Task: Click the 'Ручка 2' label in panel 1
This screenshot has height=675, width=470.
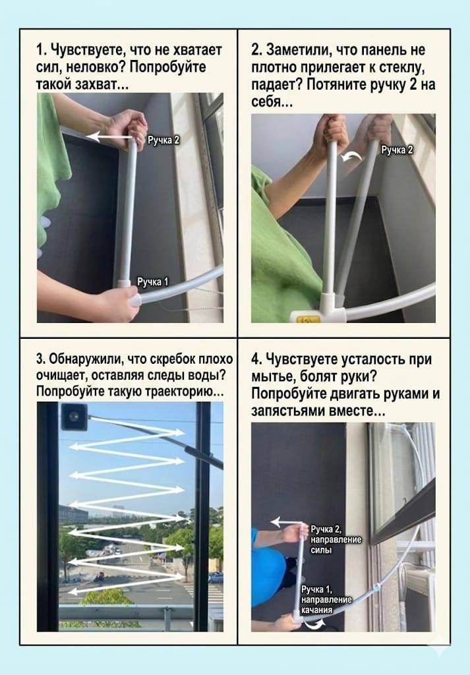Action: coord(163,140)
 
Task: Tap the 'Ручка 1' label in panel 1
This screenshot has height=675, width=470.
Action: coord(153,281)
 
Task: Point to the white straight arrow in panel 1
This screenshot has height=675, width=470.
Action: coord(110,137)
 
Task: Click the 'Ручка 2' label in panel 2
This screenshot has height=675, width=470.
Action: coord(397,150)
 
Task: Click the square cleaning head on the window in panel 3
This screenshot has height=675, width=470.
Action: coord(74,417)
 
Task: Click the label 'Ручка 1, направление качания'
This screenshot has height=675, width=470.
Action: coord(326,599)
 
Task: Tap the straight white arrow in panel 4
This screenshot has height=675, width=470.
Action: coord(287,522)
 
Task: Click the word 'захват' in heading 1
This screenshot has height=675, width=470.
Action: coord(101,84)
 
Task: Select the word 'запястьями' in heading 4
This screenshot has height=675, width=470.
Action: coord(288,411)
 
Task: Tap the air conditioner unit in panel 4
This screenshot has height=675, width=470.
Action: coord(419,594)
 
